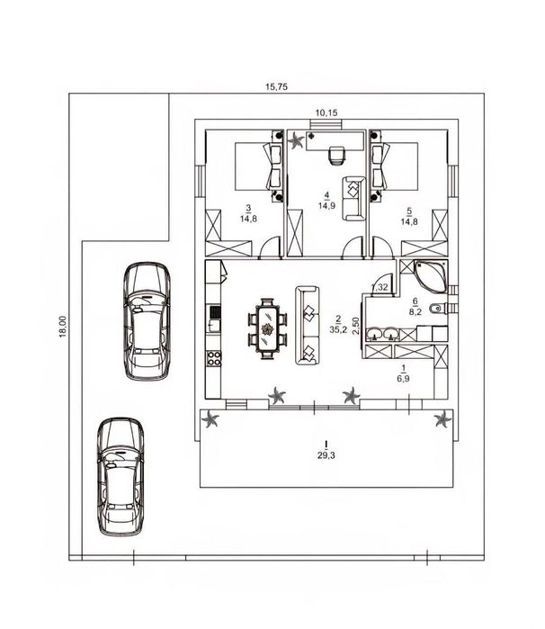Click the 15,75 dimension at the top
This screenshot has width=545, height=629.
tap(276, 86)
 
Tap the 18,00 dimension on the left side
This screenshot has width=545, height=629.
tap(63, 327)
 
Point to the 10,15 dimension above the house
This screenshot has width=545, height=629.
tap(326, 113)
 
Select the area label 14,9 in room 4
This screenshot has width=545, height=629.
tap(326, 206)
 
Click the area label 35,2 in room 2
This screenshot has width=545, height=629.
tap(338, 329)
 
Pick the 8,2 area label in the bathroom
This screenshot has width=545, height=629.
tap(415, 311)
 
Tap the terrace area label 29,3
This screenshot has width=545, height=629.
tap(326, 455)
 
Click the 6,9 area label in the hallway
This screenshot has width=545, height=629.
tap(403, 378)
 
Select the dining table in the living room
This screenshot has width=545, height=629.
tap(267, 328)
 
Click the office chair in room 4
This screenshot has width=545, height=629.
tap(337, 156)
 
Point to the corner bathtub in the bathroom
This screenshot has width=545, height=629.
tap(432, 276)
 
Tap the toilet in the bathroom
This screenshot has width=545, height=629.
tap(437, 309)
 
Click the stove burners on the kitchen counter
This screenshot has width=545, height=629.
tap(214, 358)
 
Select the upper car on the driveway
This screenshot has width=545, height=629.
tap(147, 321)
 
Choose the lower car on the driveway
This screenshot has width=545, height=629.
tap(121, 477)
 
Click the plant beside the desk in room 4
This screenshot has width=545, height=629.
tap(297, 140)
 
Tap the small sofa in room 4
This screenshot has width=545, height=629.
tap(353, 199)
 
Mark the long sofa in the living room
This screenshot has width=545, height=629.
tap(308, 326)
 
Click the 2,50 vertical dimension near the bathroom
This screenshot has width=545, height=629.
tap(355, 326)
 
